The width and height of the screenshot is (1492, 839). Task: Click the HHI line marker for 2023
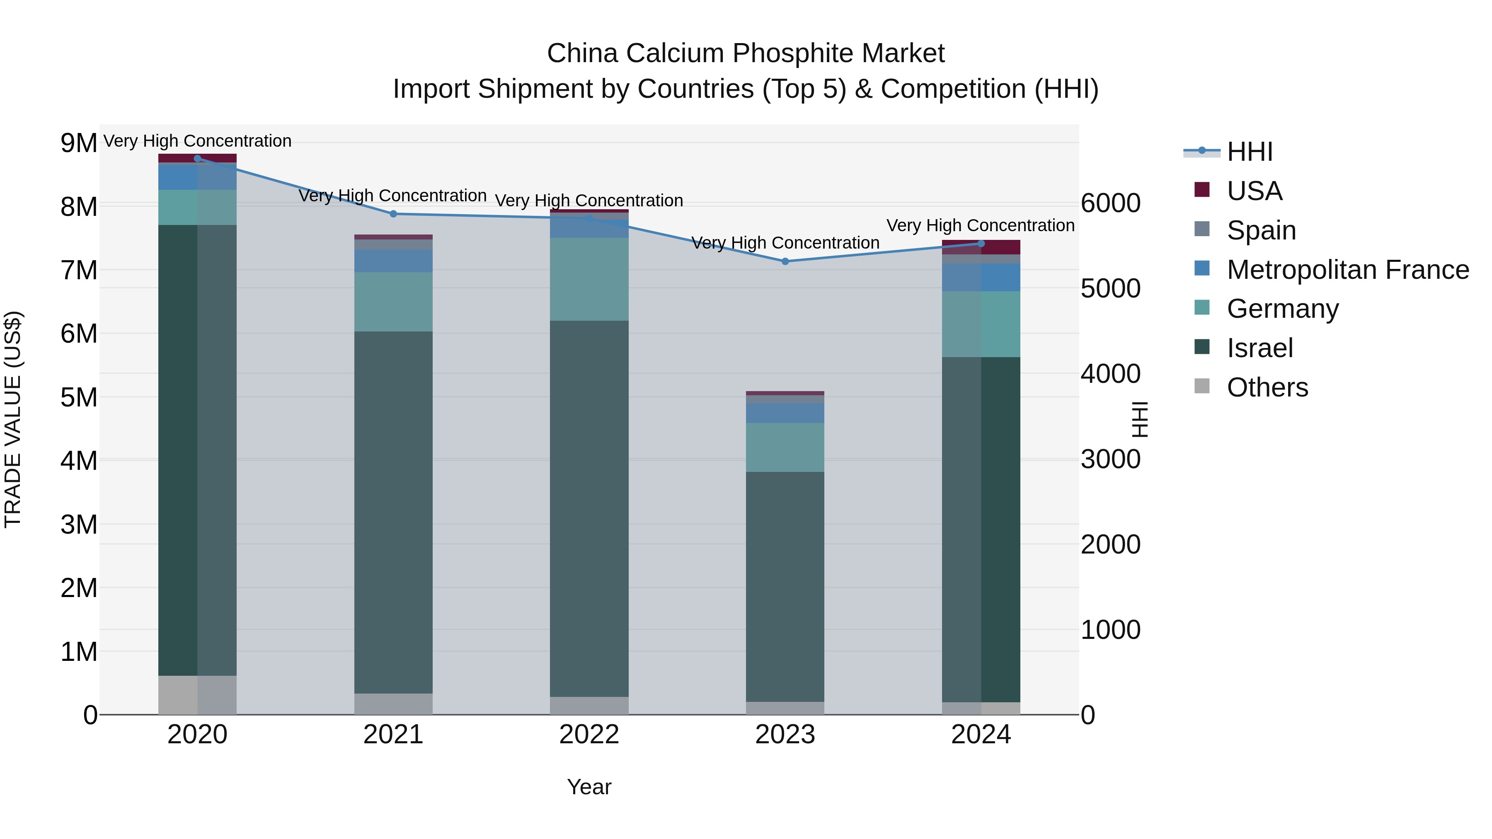(785, 261)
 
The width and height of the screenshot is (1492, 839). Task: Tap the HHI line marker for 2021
(393, 214)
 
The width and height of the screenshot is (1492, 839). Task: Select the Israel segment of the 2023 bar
(785, 586)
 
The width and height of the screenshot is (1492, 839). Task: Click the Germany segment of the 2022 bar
(589, 279)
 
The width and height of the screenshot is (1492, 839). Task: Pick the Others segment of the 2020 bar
(197, 694)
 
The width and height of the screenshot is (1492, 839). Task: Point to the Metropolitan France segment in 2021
(393, 261)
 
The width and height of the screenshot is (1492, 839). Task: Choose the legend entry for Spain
(1261, 230)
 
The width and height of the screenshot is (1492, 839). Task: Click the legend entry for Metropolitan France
(1347, 269)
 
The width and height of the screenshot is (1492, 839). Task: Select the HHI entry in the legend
(1249, 152)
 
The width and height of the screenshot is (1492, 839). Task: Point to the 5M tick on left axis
(79, 397)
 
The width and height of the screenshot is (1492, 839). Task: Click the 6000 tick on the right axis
(1110, 203)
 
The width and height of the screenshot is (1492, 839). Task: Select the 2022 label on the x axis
(589, 734)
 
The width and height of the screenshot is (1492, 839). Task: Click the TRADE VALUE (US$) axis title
(13, 419)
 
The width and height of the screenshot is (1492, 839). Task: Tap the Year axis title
(589, 787)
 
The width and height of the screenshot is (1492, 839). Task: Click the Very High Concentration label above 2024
(980, 225)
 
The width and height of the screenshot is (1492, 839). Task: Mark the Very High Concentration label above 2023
(785, 243)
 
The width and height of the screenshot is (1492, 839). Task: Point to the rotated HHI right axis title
(1139, 419)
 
